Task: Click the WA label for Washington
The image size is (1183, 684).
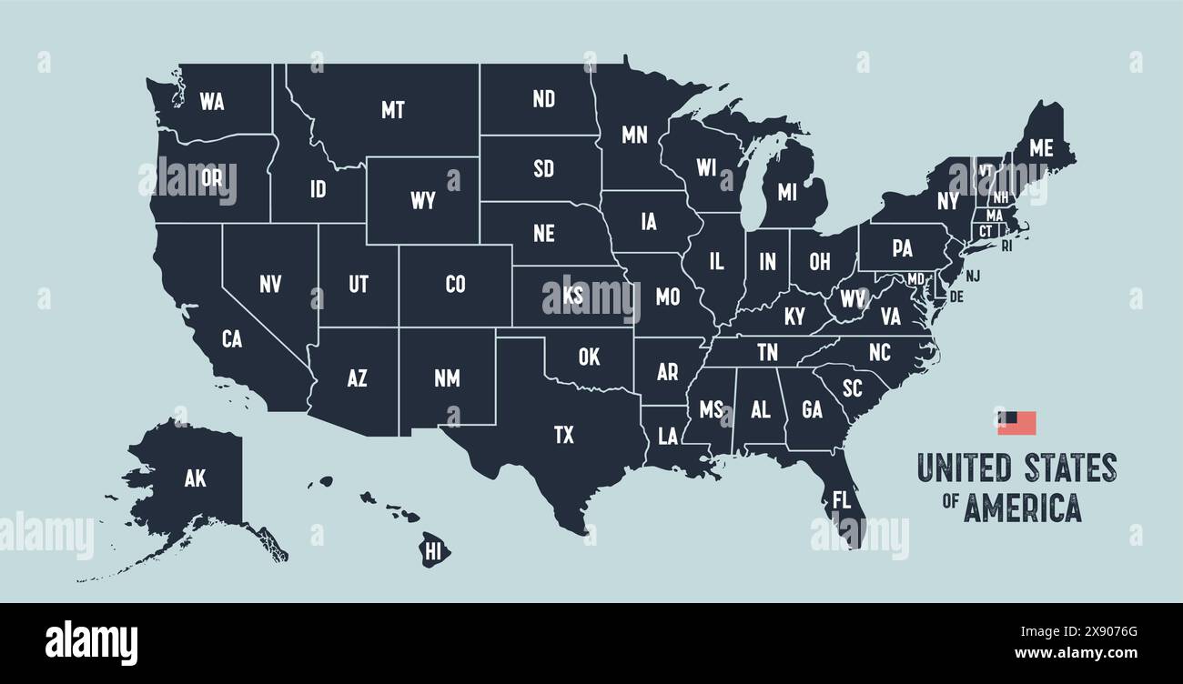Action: [x=211, y=102]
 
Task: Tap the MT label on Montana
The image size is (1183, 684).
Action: [x=392, y=110]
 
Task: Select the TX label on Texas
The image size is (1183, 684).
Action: [x=564, y=435]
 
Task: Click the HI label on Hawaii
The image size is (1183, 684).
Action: [x=434, y=549]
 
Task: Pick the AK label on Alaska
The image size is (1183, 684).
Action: [x=195, y=479]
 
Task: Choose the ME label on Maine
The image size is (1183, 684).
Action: [x=1041, y=147]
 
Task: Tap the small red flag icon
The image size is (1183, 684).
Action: [x=1016, y=423]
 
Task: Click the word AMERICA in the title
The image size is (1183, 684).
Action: [x=1022, y=508]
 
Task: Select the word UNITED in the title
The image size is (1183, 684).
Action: [x=966, y=468]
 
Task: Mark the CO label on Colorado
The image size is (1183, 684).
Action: [x=455, y=285]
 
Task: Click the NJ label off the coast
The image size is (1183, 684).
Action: [x=973, y=276]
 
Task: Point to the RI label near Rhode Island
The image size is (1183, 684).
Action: [x=1006, y=246]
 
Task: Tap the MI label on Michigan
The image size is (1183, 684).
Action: [x=786, y=193]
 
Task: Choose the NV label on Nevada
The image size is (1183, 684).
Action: [x=270, y=285]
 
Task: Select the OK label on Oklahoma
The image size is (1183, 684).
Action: [x=589, y=357]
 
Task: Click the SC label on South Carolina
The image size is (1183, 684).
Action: [x=852, y=388]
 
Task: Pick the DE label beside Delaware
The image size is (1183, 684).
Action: [x=955, y=297]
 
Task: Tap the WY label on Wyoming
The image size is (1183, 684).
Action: [x=422, y=201]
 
